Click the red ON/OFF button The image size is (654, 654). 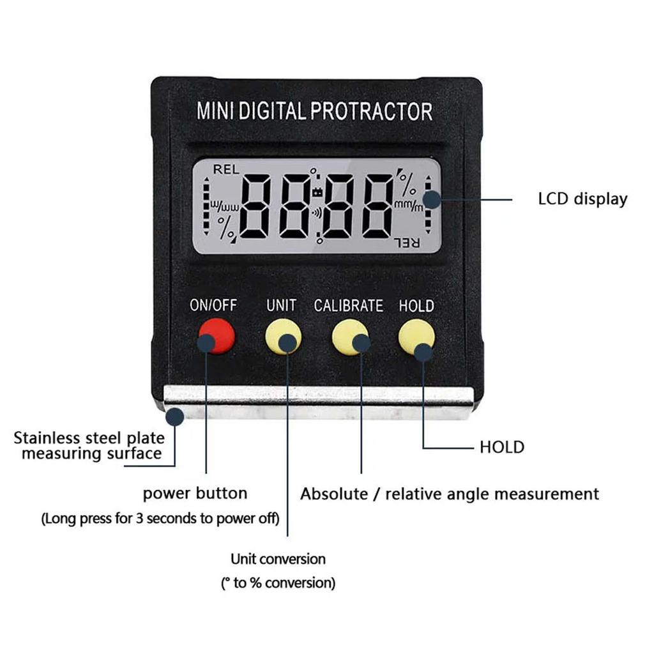pos(217,336)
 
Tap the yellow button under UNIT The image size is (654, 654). pos(283,336)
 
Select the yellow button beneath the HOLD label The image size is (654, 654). pos(416,336)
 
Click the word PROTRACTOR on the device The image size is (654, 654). pos(371,111)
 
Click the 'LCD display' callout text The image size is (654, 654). pos(582,199)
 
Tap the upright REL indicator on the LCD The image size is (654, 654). pos(226,169)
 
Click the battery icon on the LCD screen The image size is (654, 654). pos(317,192)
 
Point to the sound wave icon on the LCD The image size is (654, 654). pos(317,213)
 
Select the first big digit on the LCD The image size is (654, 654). pos(255,208)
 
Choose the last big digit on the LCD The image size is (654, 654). pos(377,208)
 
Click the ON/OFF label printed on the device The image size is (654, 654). pos(213,305)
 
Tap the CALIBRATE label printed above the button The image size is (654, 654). pos(349,306)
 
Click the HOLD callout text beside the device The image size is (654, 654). pos(502,447)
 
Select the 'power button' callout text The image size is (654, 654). pos(195,494)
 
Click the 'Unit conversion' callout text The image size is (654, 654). pos(278,559)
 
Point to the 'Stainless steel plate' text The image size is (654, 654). pos(89,438)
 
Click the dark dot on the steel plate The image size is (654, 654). pos(175,416)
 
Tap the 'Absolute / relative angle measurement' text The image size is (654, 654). pos(450,494)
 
